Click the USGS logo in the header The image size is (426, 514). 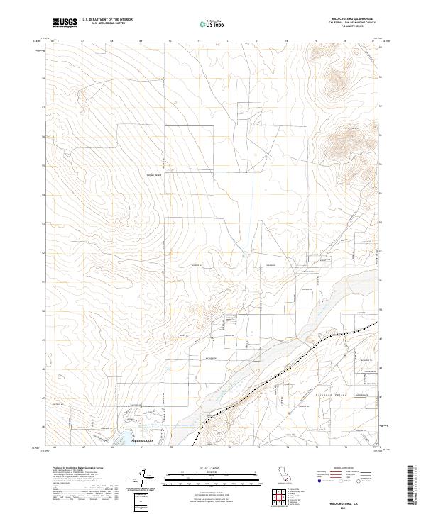pyautogui.click(x=65, y=23)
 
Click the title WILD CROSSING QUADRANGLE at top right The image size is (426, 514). pyautogui.click(x=352, y=18)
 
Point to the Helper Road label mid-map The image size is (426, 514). pyautogui.click(x=155, y=176)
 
